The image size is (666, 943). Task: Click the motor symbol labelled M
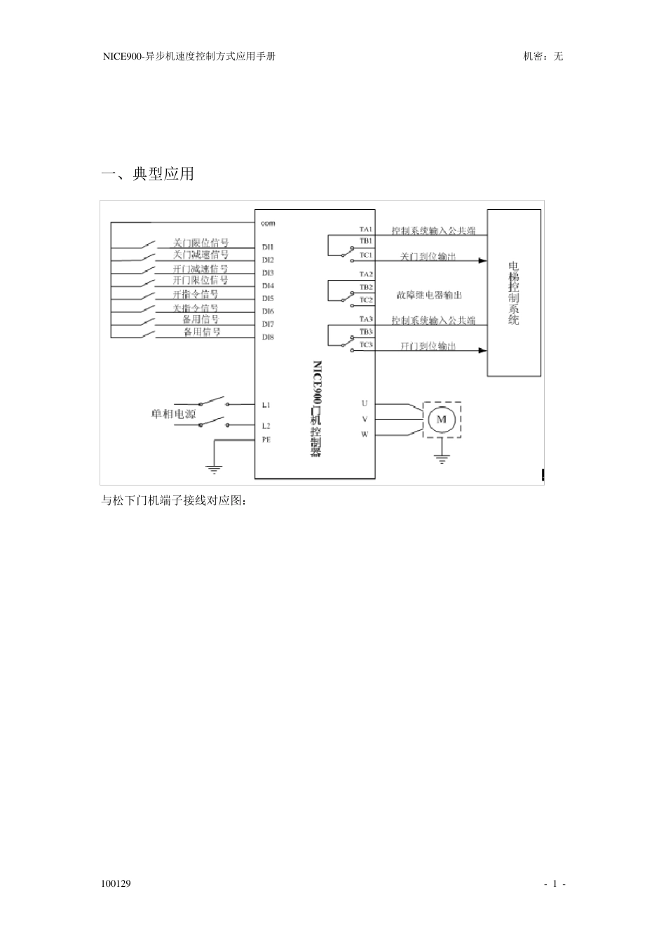click(442, 419)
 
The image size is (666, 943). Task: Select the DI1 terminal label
click(268, 247)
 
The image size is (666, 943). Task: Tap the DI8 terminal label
click(268, 337)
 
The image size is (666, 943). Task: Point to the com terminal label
click(268, 223)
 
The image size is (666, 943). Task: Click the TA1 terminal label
click(366, 229)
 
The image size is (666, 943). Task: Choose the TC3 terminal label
click(366, 345)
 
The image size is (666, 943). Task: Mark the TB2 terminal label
click(366, 287)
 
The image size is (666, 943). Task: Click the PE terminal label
click(266, 440)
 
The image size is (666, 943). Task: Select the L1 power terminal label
click(266, 405)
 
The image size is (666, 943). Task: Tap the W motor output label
click(365, 434)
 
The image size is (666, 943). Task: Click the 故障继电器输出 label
click(429, 295)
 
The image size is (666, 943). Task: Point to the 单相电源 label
click(173, 414)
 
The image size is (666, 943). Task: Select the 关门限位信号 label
click(201, 243)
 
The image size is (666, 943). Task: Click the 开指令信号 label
click(196, 294)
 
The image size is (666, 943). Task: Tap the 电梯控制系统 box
click(514, 293)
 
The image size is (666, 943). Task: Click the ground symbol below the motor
click(441, 460)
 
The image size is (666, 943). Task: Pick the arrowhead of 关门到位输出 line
click(482, 260)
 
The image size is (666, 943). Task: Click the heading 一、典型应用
click(148, 174)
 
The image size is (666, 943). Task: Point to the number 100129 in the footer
click(116, 883)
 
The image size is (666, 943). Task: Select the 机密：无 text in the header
click(543, 56)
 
